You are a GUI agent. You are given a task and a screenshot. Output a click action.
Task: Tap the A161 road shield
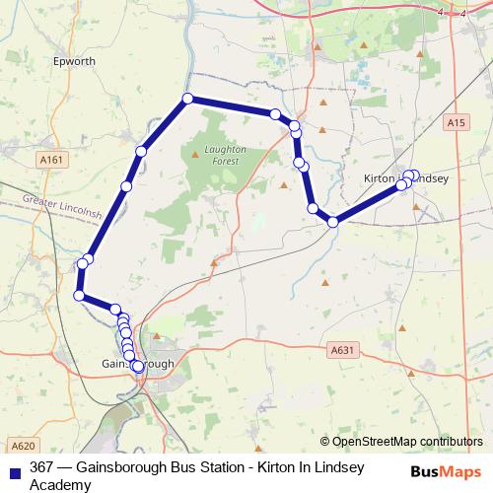[x=53, y=158]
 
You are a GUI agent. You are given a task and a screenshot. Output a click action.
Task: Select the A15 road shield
[x=454, y=122]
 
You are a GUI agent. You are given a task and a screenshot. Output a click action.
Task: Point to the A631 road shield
[x=342, y=350]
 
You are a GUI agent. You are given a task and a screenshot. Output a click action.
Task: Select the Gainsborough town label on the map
[x=138, y=363]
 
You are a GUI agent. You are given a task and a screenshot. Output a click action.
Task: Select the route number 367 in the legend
[x=41, y=468]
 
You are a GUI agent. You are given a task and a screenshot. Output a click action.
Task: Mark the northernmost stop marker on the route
[x=186, y=99]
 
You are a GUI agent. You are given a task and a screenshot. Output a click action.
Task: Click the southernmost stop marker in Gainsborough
[x=138, y=367]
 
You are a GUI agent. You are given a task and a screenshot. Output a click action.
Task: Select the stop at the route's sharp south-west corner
[x=79, y=295]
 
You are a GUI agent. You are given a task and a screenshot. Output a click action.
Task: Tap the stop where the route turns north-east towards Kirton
[x=333, y=222]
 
